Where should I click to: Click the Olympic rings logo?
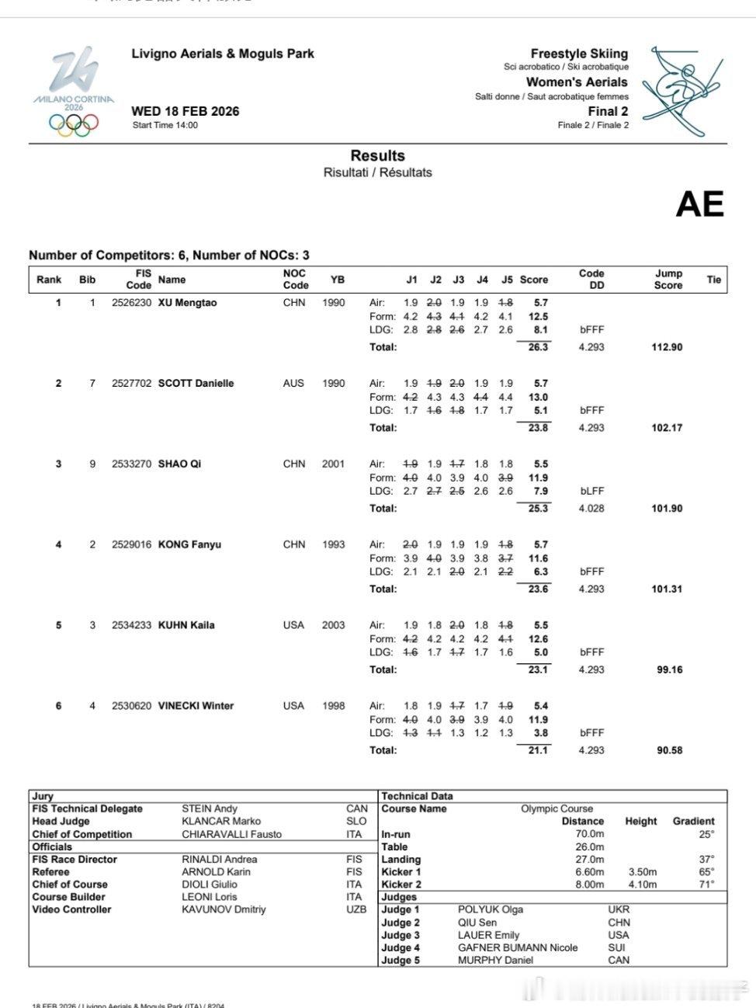(x=74, y=124)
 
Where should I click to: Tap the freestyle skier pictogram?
(x=681, y=90)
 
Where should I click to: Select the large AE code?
(x=699, y=203)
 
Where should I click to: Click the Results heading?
(x=377, y=156)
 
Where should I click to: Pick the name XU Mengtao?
(x=187, y=303)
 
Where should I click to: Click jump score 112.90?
(x=667, y=347)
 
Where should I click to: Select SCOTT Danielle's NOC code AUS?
(x=293, y=384)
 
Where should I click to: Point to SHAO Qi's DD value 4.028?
(x=591, y=509)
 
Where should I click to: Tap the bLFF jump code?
(x=591, y=492)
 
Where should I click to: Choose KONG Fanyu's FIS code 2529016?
(x=132, y=545)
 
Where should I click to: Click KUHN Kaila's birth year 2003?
(x=333, y=625)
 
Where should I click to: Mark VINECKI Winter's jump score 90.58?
(x=669, y=751)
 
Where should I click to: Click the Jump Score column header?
(x=668, y=280)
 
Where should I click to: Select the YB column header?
(x=337, y=280)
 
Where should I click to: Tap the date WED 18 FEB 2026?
(x=186, y=111)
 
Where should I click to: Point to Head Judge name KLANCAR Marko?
(x=221, y=822)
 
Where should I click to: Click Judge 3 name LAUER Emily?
(x=488, y=935)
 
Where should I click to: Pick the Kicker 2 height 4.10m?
(x=641, y=885)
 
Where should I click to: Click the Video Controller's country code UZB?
(x=356, y=909)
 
